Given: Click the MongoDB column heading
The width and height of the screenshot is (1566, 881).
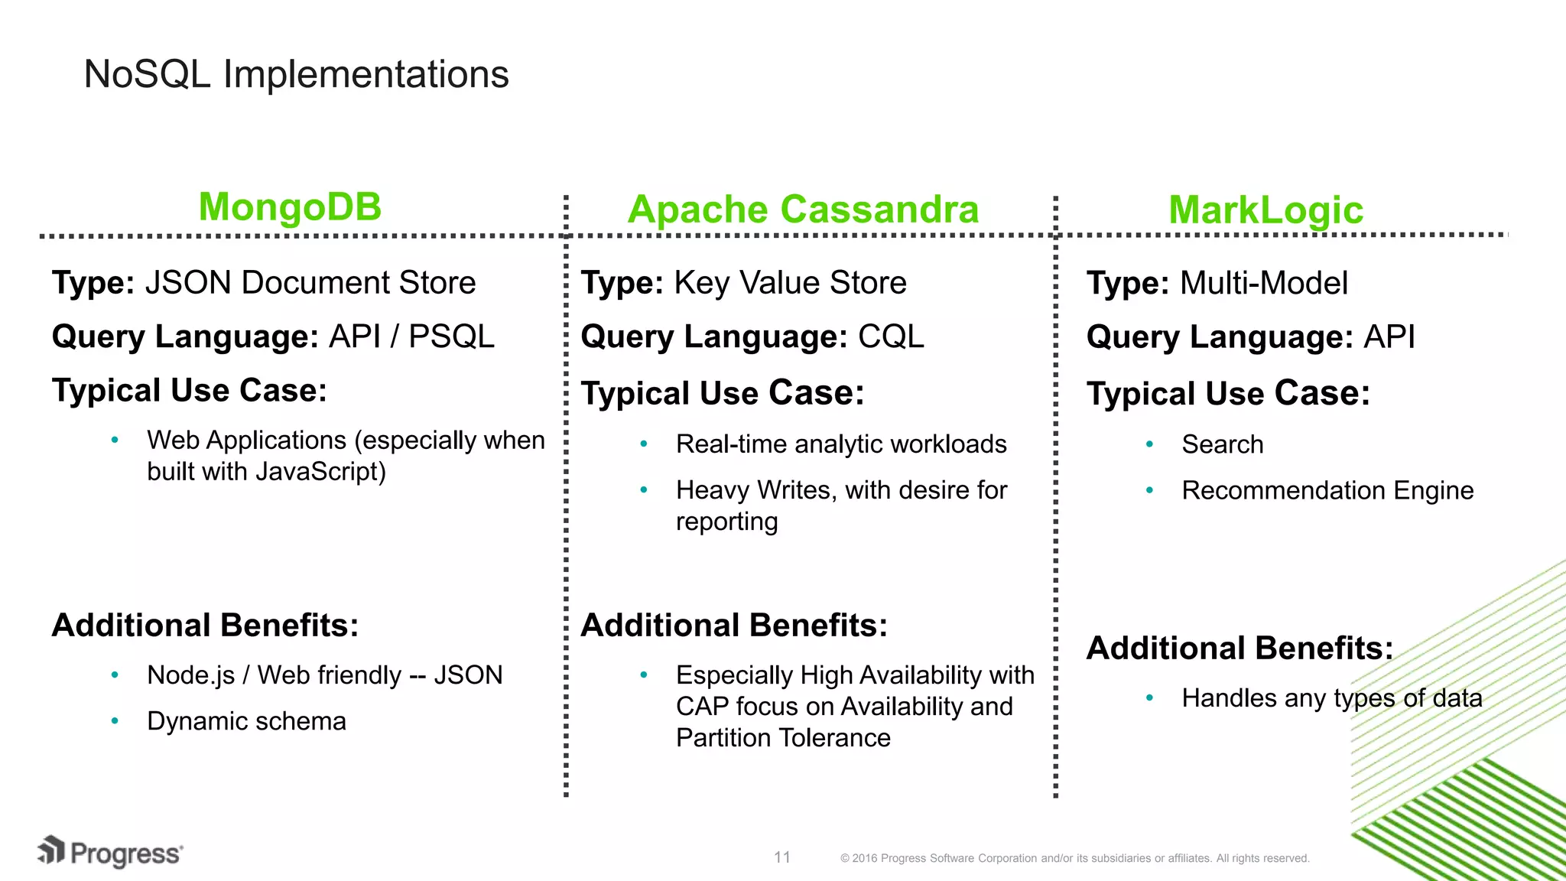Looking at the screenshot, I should [x=290, y=206].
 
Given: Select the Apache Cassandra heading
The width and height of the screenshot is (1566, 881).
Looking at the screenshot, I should [x=803, y=210].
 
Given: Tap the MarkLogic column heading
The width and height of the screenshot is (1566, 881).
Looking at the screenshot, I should [x=1265, y=210].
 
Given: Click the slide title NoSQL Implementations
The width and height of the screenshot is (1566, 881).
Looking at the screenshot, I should [x=296, y=74].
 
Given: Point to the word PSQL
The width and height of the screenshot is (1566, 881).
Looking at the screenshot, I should [x=451, y=336].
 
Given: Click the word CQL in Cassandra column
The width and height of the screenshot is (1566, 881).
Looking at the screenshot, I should [x=891, y=336].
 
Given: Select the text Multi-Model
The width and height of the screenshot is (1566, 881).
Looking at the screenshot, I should [x=1263, y=283].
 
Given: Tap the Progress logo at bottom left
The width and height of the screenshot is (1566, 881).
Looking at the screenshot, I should [x=110, y=853].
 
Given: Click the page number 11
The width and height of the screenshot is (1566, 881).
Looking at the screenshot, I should [x=781, y=857].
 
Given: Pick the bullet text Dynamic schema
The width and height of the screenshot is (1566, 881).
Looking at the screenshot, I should [x=246, y=721].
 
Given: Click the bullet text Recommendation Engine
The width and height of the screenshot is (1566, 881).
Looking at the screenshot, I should [x=1327, y=490].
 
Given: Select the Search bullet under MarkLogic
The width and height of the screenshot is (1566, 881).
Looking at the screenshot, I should [x=1222, y=444].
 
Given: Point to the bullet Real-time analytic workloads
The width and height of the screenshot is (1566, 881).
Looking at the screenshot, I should [x=841, y=444].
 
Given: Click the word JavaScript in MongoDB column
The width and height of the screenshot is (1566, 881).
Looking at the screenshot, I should [x=320, y=472].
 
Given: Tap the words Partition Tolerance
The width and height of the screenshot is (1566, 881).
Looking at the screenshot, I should [x=783, y=738].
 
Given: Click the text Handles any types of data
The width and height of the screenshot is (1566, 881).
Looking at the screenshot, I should [x=1331, y=698].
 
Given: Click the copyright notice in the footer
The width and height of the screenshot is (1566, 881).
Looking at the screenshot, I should [x=1074, y=858].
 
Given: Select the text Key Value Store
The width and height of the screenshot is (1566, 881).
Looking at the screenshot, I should [x=790, y=283].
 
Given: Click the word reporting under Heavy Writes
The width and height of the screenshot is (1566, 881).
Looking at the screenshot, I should [x=726, y=522].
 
